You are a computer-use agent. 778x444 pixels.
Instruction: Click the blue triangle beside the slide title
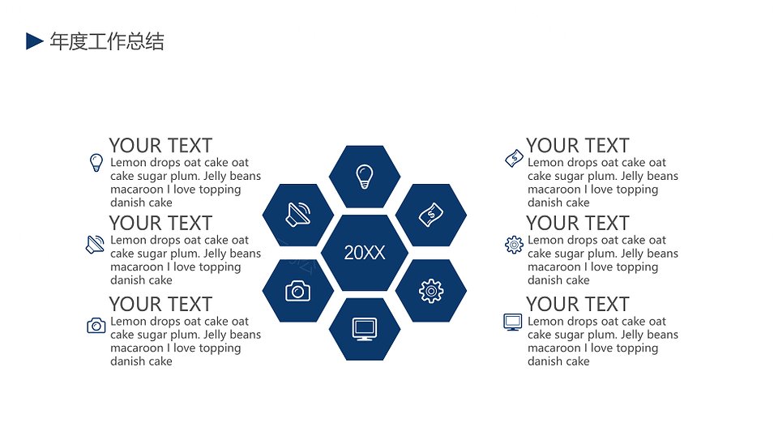point(34,41)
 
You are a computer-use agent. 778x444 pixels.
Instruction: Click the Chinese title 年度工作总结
point(107,41)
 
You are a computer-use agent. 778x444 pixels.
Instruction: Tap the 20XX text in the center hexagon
point(365,253)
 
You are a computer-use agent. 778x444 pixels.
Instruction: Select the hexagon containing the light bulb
point(365,177)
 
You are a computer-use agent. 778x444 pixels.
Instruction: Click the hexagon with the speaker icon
point(298,215)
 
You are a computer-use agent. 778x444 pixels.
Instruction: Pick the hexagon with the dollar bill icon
point(431,215)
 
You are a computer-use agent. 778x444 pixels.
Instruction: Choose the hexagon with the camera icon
point(298,291)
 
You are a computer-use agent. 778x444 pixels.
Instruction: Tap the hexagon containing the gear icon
point(431,291)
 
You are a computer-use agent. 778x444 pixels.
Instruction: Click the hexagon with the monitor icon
point(365,329)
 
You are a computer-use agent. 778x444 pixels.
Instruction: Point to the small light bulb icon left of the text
point(96,163)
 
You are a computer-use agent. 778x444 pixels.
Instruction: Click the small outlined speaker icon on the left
point(96,245)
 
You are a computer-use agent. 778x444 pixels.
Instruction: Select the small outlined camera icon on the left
point(96,326)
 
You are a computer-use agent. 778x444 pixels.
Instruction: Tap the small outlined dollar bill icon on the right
point(514,158)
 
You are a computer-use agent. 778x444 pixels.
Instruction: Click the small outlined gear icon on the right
point(514,245)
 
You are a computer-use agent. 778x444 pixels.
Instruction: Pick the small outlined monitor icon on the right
point(512,322)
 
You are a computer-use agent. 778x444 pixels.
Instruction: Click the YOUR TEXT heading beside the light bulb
point(160,145)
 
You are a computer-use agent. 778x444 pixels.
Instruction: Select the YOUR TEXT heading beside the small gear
point(578,224)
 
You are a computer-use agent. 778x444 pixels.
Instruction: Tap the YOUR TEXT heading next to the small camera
point(160,304)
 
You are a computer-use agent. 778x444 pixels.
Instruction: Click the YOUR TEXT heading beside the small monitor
point(578,304)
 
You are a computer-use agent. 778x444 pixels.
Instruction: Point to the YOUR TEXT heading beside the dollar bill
point(578,145)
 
